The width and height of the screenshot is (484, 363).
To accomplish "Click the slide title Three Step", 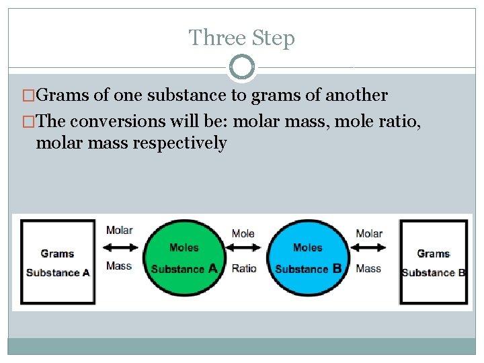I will (241, 38).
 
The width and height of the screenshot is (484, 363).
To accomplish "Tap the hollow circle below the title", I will (242, 67).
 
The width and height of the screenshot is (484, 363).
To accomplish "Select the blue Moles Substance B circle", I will (308, 258).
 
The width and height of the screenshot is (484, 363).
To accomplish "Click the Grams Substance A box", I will (58, 262).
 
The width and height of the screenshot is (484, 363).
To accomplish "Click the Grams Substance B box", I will (434, 262).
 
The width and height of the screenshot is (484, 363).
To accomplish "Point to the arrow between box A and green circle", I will (119, 247).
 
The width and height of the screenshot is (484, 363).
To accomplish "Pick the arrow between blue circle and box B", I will (369, 247).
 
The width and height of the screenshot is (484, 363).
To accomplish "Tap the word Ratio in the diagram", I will (244, 268).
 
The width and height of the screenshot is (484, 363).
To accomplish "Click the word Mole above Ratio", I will (243, 233).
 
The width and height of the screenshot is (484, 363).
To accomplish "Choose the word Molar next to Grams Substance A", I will (119, 231).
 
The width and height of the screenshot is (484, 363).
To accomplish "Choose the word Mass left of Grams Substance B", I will (368, 268).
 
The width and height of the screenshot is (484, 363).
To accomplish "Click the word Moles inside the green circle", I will (184, 247).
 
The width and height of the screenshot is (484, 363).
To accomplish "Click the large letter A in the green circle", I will (212, 268).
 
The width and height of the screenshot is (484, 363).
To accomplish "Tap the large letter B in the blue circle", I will (337, 268).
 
